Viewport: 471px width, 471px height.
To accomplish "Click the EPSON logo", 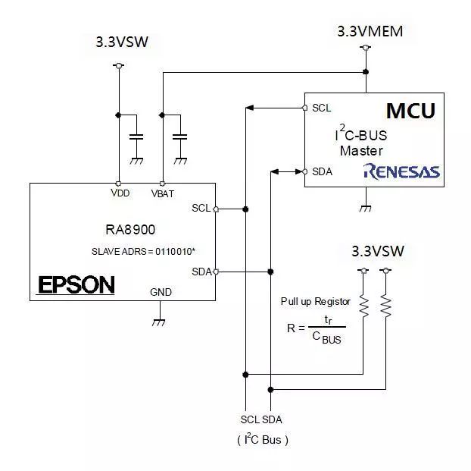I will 76,284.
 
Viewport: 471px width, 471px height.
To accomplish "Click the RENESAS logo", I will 401,171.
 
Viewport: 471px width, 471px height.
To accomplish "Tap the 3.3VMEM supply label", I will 370,32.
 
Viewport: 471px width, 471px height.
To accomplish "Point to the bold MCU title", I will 410,111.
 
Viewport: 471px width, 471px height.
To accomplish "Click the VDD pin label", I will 120,193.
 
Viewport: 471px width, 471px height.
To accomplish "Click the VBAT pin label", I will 163,193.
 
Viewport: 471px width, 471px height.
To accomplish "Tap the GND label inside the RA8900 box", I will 161,291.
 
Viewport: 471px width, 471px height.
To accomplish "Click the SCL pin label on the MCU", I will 321,108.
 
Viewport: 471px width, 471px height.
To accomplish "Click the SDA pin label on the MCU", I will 322,171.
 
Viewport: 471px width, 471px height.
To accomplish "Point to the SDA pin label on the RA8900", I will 201,272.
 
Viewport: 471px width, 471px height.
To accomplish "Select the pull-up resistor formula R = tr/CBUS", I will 316,328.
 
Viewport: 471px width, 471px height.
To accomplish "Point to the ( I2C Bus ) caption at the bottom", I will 262,439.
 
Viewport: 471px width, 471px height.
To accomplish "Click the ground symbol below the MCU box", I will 366,206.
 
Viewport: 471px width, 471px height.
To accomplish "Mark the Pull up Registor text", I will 316,300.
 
